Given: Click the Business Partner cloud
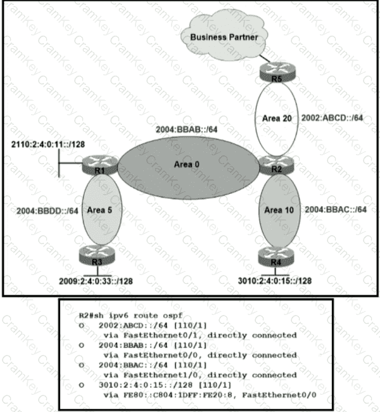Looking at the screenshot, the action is (x=224, y=35).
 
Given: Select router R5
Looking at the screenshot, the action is (x=277, y=72).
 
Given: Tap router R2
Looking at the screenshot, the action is (x=276, y=165).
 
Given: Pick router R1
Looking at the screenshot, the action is (x=100, y=165).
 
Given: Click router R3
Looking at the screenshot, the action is (x=97, y=255).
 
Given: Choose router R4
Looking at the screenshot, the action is (x=275, y=257).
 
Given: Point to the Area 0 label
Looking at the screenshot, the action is (x=187, y=165).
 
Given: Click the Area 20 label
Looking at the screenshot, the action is (x=277, y=119).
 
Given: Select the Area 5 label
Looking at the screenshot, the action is (x=99, y=210).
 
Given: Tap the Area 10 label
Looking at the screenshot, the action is (x=279, y=210).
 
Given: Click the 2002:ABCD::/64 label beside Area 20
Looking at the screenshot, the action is (x=332, y=118).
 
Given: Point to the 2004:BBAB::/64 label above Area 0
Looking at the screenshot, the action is (x=187, y=129).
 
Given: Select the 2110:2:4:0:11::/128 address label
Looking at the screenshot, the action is (x=48, y=145).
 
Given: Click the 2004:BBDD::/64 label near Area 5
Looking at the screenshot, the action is (x=47, y=211).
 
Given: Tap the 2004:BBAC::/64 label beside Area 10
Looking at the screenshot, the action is (x=336, y=209).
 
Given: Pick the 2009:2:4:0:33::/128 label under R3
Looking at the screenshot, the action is (x=96, y=281).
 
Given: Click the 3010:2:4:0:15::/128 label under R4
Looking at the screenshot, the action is (x=275, y=281).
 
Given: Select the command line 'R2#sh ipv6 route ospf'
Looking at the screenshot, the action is (x=130, y=315).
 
